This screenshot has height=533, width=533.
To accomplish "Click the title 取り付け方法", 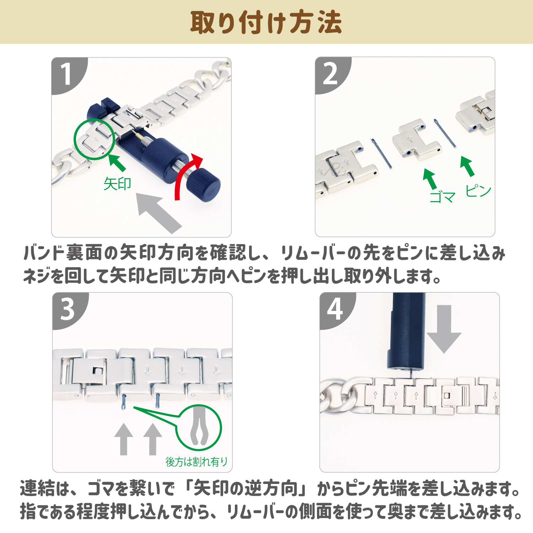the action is (x=266, y=22).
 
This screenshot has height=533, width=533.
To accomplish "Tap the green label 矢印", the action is (x=117, y=184).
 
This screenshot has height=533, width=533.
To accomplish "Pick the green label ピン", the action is (x=478, y=191).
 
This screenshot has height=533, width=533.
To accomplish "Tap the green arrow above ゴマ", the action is (x=430, y=179).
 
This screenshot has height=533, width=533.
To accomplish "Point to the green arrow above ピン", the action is (x=468, y=166).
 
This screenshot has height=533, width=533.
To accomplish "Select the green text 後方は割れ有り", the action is (x=197, y=462).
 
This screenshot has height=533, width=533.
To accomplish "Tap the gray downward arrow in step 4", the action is (x=444, y=329).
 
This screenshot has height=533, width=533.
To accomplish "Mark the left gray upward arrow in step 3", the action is (x=124, y=439).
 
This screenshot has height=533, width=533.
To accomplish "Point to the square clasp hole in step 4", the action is (x=447, y=395).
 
